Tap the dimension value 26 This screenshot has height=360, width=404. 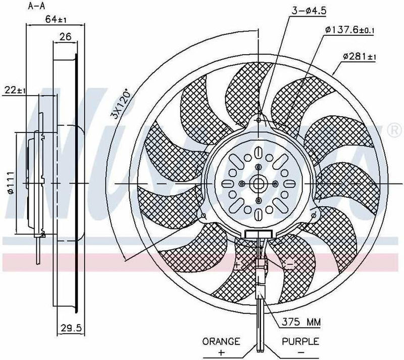(x=65, y=36)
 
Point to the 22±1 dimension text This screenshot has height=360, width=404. (x=15, y=90)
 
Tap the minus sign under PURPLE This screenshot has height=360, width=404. (x=301, y=352)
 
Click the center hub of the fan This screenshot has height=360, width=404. (x=258, y=183)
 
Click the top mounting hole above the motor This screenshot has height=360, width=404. (x=258, y=120)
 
